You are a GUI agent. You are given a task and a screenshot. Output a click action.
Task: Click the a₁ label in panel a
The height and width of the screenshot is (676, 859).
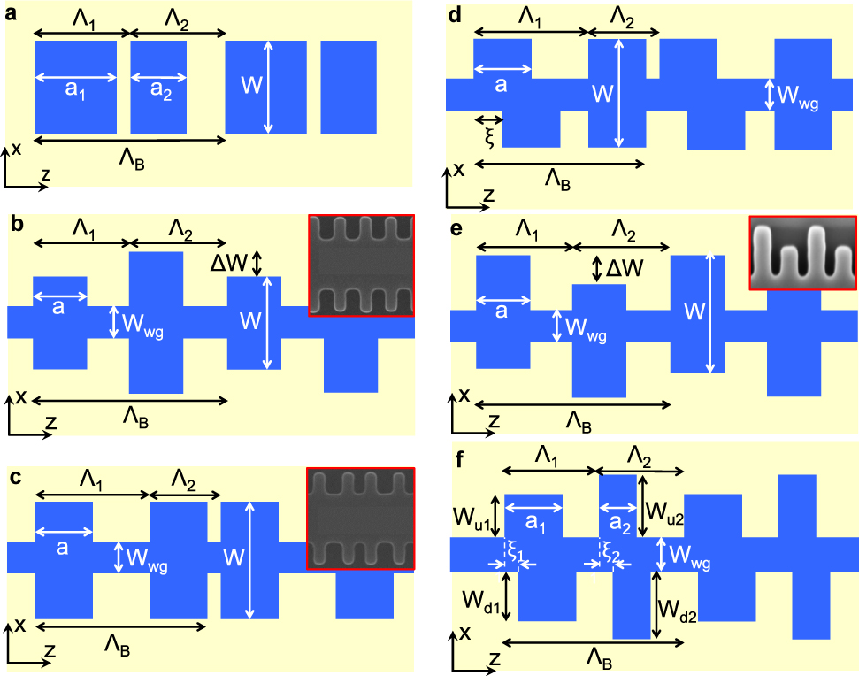click(75, 92)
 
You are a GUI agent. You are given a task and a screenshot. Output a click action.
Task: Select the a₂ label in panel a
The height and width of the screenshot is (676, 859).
click(159, 92)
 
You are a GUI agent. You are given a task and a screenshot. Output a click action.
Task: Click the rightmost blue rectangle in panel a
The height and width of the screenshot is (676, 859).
click(349, 87)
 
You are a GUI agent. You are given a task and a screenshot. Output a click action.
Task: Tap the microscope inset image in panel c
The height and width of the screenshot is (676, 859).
click(360, 519)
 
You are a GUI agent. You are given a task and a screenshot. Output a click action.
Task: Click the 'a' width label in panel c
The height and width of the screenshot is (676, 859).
click(62, 548)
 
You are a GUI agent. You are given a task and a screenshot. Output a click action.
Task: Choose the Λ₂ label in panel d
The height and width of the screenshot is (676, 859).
click(623, 19)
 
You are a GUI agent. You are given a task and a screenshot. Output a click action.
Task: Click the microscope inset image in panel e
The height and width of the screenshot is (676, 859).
click(802, 252)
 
